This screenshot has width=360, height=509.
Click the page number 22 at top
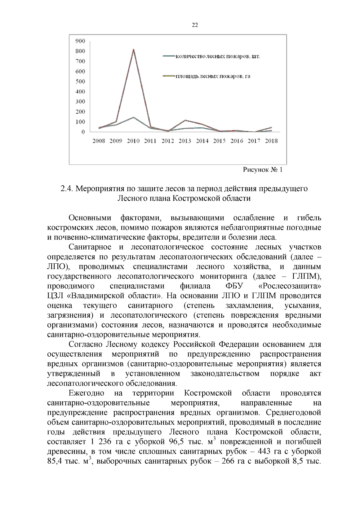[x=195, y=25]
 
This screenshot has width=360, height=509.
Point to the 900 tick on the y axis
[x=80, y=41]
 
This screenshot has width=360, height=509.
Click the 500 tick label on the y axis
[x=80, y=81]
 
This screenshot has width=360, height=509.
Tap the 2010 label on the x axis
[x=133, y=141]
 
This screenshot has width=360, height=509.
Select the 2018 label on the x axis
[x=271, y=141]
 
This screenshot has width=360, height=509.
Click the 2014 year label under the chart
[x=202, y=141]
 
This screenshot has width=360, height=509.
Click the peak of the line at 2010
[x=133, y=49]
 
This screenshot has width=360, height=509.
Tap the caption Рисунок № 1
[x=262, y=170]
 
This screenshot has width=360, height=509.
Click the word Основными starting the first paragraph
[x=90, y=218]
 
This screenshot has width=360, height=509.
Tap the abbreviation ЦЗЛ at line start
[x=55, y=296]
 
